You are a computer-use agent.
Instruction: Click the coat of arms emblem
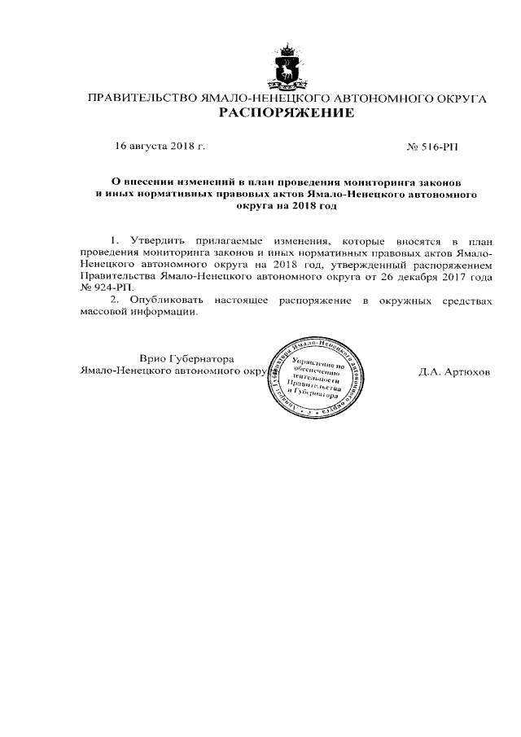[x=286, y=68]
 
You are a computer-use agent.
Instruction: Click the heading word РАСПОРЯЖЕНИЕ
[x=287, y=113]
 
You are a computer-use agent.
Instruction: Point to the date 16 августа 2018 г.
[x=160, y=147]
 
